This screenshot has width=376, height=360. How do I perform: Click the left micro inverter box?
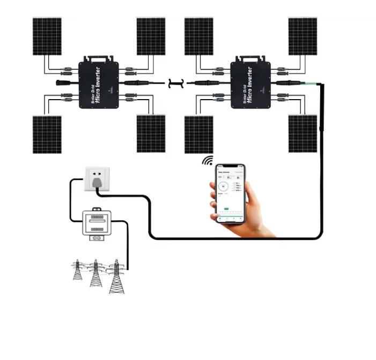(99, 84)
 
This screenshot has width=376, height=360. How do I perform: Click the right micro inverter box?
(250, 84)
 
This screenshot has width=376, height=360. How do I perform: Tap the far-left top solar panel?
(47, 36)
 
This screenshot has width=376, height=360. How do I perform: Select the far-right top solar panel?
(303, 36)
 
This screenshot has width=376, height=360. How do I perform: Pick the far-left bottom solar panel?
(47, 134)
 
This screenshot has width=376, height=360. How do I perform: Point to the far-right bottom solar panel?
(303, 134)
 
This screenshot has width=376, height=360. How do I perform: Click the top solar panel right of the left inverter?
(151, 36)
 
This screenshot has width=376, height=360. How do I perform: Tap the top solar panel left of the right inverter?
(198, 36)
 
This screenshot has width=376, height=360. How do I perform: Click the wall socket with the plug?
(97, 179)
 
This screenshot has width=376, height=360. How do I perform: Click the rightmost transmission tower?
(115, 276)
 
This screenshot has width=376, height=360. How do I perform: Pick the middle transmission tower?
(96, 273)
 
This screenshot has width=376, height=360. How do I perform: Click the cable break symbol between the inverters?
(175, 83)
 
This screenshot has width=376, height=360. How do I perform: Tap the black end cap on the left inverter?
(61, 84)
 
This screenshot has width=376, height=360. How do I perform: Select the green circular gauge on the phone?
(224, 187)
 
